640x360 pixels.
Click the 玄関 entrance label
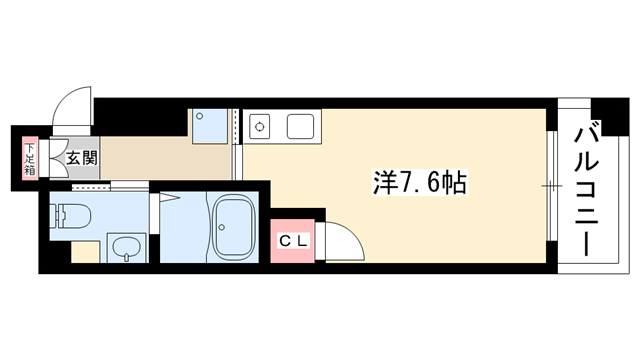point(82,157)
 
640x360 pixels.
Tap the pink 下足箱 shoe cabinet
point(30,159)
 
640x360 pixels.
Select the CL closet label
point(292,241)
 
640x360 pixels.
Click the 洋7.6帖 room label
point(420,183)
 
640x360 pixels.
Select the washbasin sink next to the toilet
point(126,248)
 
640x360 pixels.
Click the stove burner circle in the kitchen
point(259,127)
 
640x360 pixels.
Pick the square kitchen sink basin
point(300,127)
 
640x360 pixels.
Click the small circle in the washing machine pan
point(200,116)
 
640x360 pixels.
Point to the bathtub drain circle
point(222,227)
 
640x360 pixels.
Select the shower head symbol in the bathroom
point(170,199)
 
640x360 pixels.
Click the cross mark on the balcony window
point(551,186)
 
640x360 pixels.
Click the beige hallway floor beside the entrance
point(165,158)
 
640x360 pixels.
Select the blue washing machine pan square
point(210,126)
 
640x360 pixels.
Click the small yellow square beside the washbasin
point(86,252)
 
